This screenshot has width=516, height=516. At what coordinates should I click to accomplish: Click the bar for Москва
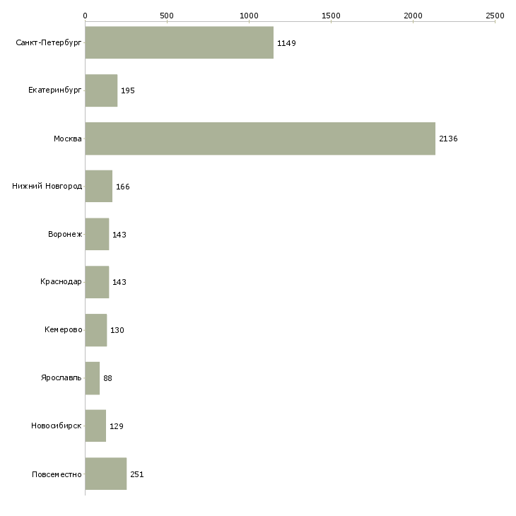(x=260, y=139)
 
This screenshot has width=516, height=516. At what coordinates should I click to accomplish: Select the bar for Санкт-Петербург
(x=180, y=42)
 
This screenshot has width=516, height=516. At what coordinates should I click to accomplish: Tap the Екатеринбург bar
(x=101, y=90)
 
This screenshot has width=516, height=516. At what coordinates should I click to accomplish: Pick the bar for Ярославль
(x=93, y=378)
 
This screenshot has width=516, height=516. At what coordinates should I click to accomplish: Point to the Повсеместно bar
(x=106, y=474)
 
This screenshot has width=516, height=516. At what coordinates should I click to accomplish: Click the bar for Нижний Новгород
(x=99, y=187)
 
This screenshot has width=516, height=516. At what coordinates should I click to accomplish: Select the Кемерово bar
(x=96, y=330)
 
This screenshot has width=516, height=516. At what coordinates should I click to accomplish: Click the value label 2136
(x=448, y=139)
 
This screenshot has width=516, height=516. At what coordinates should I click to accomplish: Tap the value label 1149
(x=286, y=43)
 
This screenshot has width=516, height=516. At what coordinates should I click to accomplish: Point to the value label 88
(x=107, y=378)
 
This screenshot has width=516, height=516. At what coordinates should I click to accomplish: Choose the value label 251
(x=137, y=474)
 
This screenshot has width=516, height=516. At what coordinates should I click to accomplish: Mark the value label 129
(x=117, y=426)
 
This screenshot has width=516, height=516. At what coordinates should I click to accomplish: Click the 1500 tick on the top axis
(x=331, y=16)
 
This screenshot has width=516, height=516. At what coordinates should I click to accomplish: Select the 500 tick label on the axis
(x=167, y=16)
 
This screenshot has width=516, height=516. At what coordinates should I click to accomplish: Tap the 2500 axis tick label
(x=495, y=16)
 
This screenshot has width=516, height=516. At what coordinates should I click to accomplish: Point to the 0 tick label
(x=86, y=16)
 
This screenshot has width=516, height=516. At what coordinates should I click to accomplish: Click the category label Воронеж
(x=65, y=234)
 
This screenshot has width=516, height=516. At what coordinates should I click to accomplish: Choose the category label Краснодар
(x=61, y=282)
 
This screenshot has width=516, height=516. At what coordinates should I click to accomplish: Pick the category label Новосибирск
(x=57, y=426)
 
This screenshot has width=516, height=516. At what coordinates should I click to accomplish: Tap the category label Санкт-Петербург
(x=49, y=43)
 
